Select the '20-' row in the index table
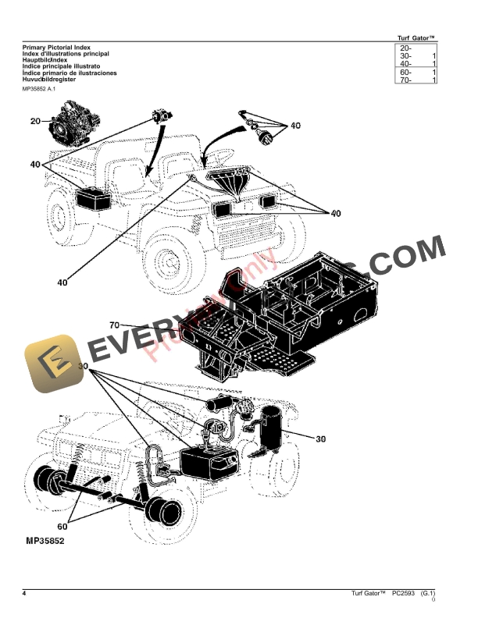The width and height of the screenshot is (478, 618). point(414,48)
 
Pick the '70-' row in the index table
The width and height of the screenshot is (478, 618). point(414,80)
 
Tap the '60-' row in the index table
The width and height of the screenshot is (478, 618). point(414,73)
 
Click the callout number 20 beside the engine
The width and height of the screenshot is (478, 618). point(35,121)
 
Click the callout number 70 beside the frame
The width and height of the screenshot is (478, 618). point(114,325)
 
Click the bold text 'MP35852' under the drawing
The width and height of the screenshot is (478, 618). point(45,540)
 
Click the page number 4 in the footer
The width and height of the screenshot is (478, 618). point(24,595)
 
